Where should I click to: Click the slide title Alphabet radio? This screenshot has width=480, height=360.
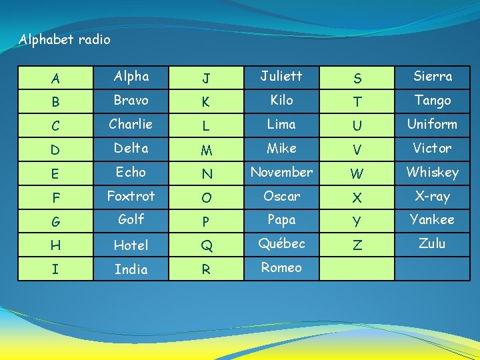(x=65, y=40)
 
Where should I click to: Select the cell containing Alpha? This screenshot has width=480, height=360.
(x=131, y=76)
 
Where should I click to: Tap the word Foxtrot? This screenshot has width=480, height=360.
(x=131, y=196)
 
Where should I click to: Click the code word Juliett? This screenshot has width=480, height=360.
(x=281, y=76)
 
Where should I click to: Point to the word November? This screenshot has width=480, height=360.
(x=281, y=172)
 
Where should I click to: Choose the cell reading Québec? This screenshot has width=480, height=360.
(x=281, y=243)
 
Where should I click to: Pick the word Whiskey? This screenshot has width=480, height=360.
(x=432, y=172)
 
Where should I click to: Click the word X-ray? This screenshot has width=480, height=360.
(x=432, y=196)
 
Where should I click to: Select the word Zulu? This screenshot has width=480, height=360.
(x=432, y=243)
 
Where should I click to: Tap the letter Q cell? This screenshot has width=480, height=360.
(x=207, y=246)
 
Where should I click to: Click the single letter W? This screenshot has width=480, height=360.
(x=357, y=174)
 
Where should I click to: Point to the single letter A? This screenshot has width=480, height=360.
(x=55, y=79)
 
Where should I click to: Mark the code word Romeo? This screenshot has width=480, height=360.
(x=281, y=268)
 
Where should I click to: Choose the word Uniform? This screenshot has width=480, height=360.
(x=432, y=124)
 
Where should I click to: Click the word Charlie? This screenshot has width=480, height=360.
(x=131, y=124)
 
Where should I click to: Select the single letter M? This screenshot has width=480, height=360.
(x=207, y=150)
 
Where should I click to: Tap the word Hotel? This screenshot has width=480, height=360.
(x=131, y=245)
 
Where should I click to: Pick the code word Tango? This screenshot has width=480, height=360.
(x=432, y=100)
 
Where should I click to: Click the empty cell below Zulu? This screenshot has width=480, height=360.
(x=432, y=268)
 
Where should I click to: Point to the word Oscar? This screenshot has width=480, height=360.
(x=281, y=196)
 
